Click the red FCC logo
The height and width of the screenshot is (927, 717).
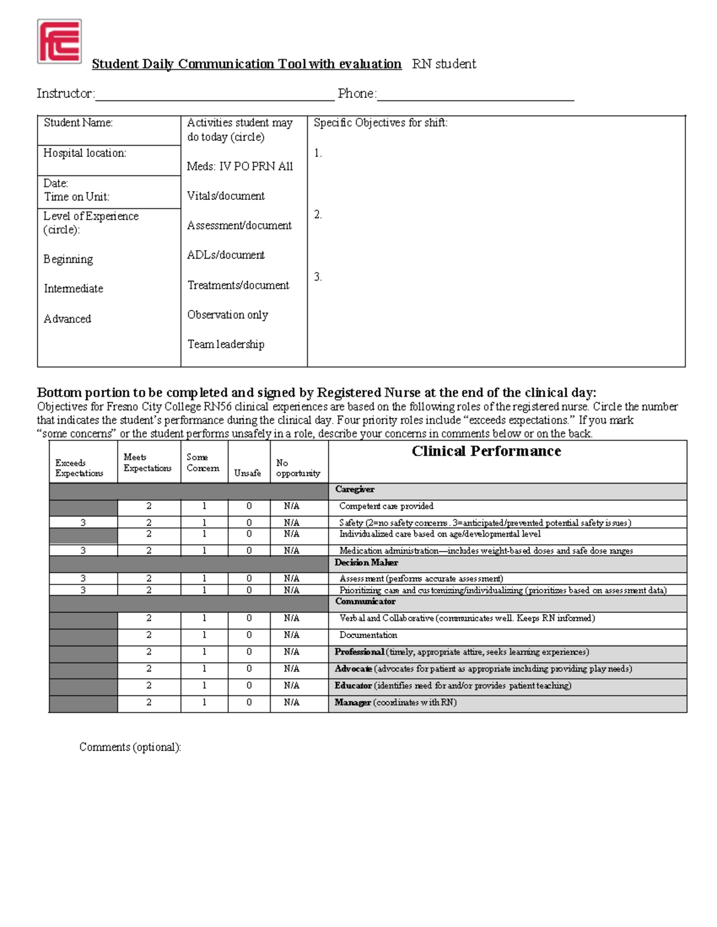tap(59, 41)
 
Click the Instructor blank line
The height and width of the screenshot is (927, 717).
tap(215, 96)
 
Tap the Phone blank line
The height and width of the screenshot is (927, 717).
tap(475, 96)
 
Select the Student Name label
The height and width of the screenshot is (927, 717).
tap(78, 123)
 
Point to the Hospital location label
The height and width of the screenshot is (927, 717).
tap(85, 153)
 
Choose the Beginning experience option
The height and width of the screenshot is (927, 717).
tap(68, 259)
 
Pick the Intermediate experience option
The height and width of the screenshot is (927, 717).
tap(73, 289)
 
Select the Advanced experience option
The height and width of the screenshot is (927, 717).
tap(68, 319)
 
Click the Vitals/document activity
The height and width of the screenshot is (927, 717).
tap(226, 196)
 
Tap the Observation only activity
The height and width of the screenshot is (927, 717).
tap(228, 315)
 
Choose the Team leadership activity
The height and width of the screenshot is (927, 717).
tap(226, 344)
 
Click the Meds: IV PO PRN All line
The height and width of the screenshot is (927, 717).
tap(240, 167)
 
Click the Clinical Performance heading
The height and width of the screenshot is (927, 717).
tap(486, 451)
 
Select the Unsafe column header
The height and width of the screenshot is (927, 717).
tap(247, 473)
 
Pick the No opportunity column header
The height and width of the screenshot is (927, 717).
tap(298, 468)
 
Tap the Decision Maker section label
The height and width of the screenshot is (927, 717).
tap(366, 563)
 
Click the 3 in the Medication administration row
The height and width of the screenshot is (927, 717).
tap(83, 551)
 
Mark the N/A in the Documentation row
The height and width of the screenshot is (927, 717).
tap(292, 635)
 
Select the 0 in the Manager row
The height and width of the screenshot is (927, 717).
tap(249, 703)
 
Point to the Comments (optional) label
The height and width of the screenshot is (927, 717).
tap(130, 747)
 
